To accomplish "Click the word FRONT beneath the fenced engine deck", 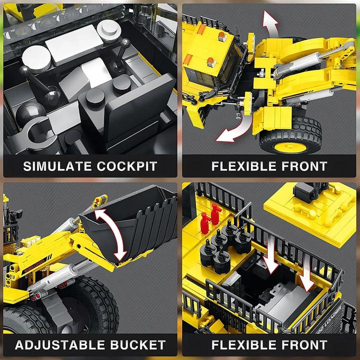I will coord(301,344).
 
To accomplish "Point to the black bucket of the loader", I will coord(135,220).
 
